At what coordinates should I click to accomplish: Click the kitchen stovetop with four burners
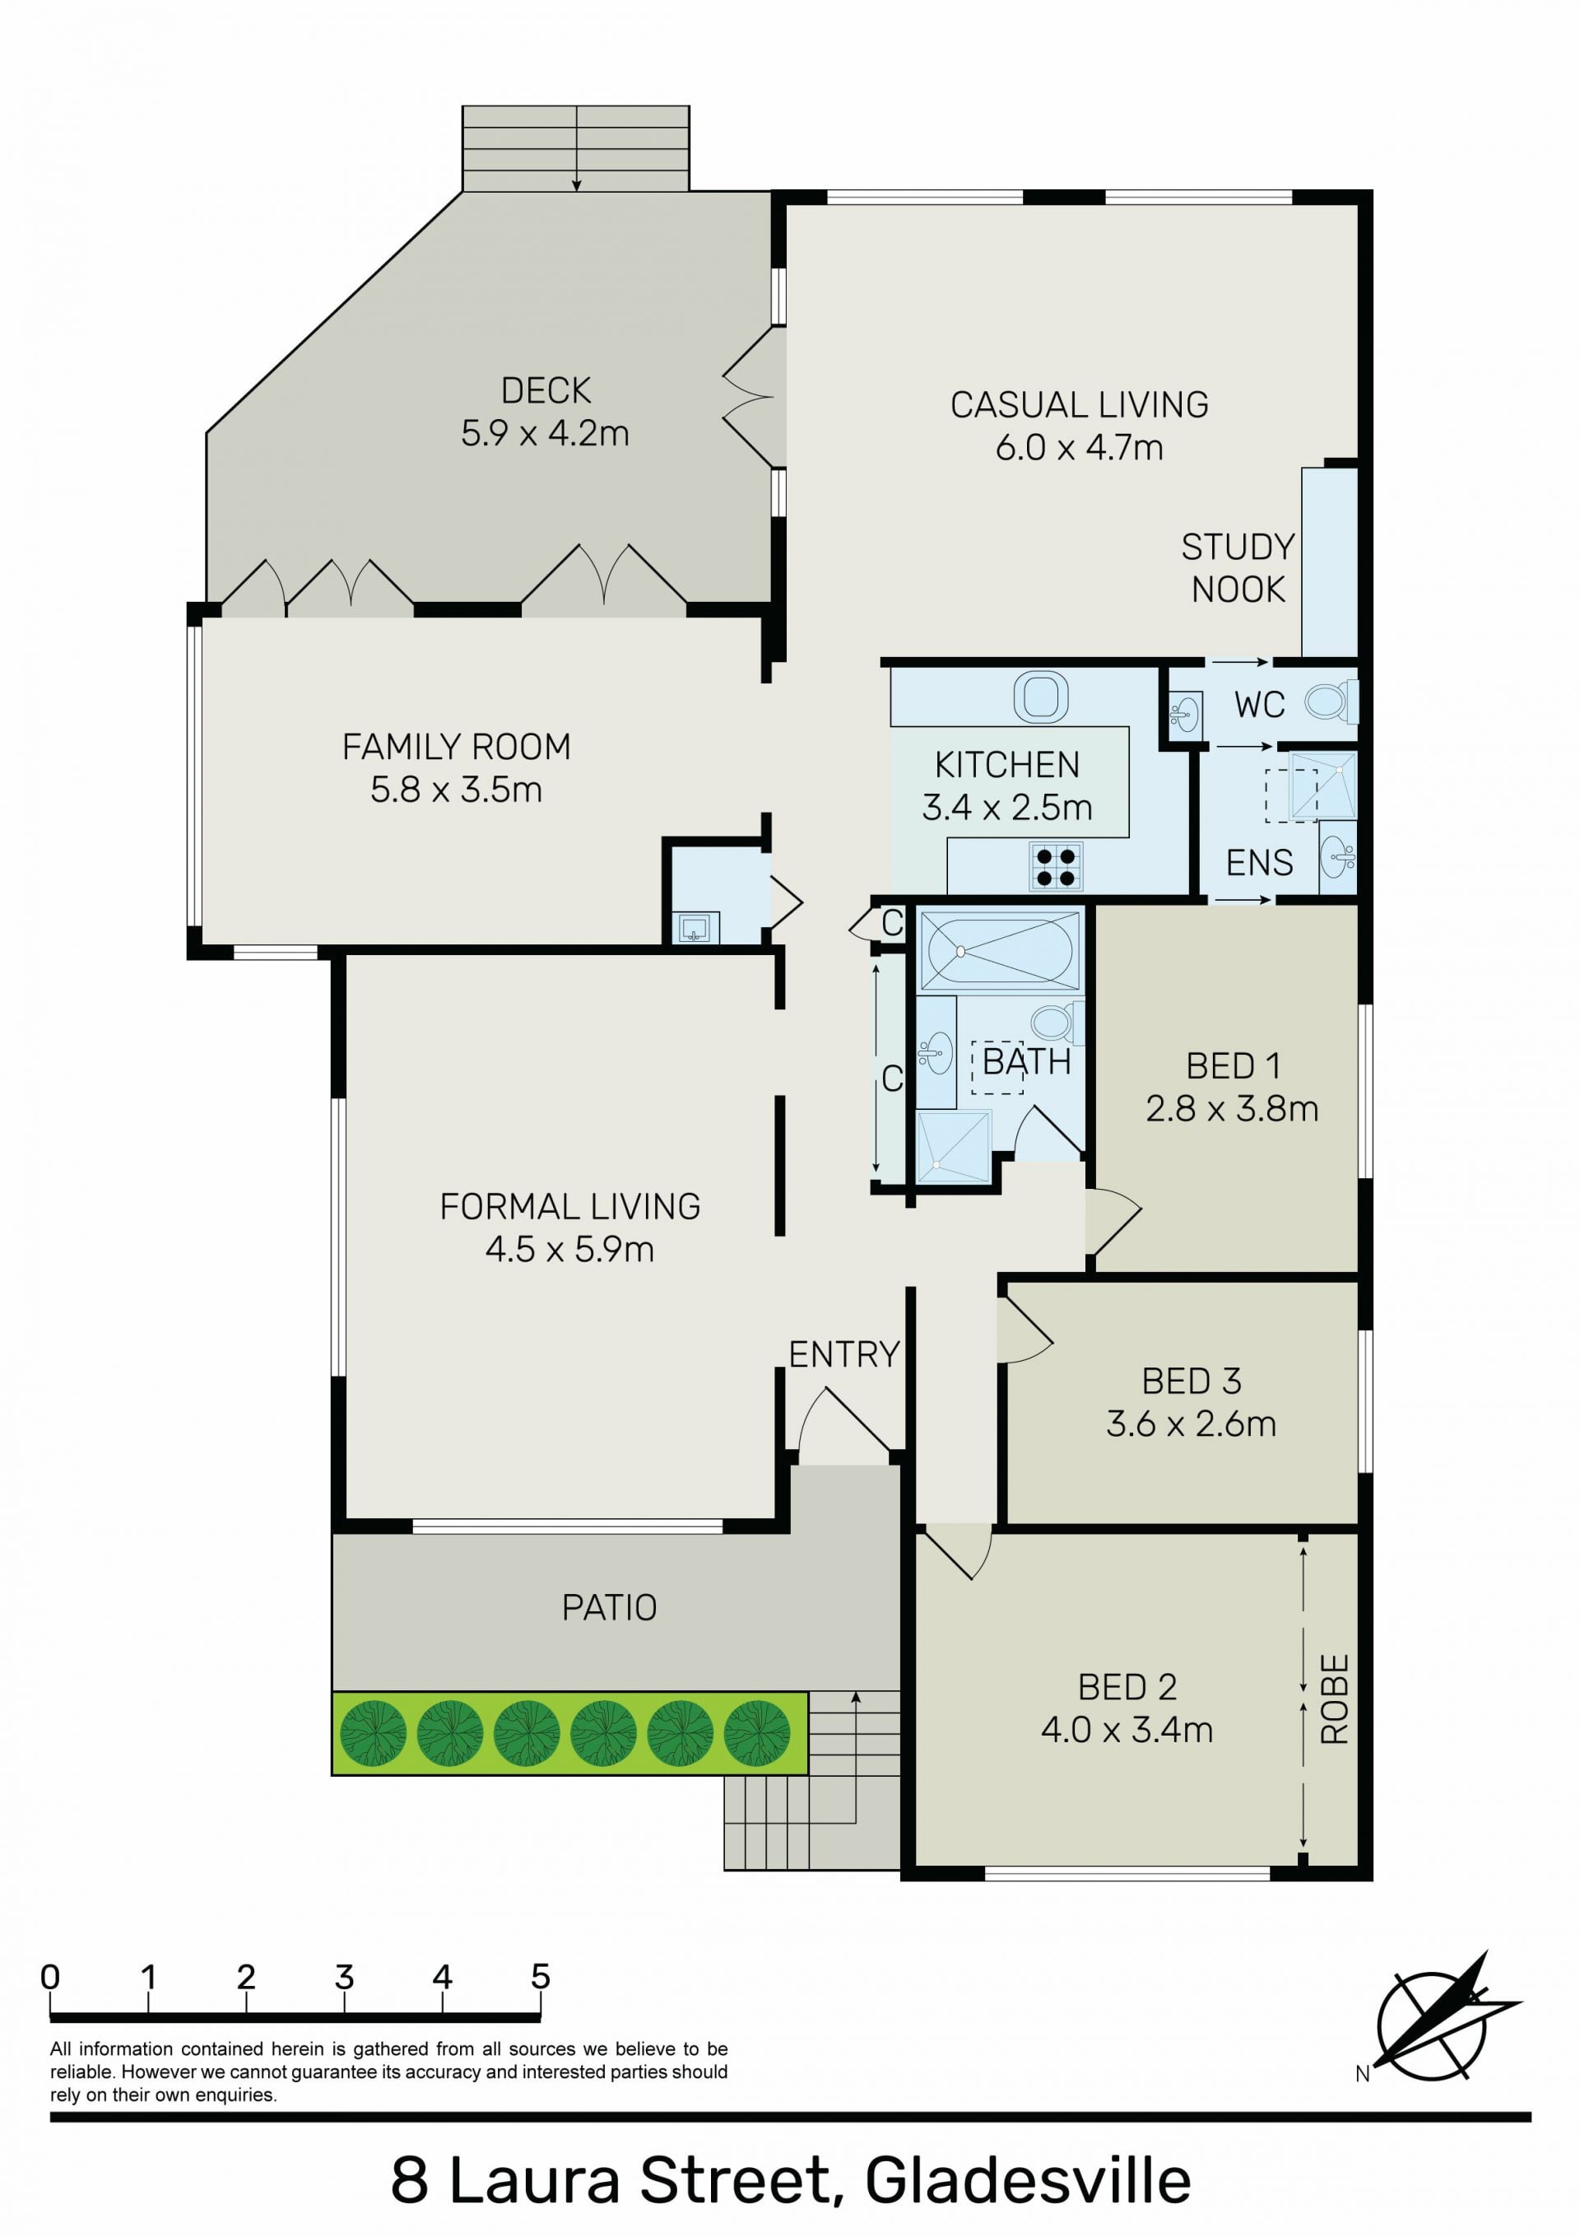point(1056,867)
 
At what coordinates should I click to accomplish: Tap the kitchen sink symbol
point(1040,697)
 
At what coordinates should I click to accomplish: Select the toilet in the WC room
point(1330,701)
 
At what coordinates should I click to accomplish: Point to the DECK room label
point(546,391)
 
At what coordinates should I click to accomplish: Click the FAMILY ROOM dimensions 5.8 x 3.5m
point(456,790)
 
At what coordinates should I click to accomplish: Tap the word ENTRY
point(843,1354)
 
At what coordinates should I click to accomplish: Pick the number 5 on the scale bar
point(541,1977)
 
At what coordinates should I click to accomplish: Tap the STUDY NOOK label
point(1238,568)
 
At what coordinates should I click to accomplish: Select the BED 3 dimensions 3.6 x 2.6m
point(1191,1424)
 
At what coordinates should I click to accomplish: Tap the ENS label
point(1260,862)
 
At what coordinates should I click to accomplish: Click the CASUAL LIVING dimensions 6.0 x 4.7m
point(1080,447)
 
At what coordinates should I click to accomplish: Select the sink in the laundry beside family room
point(695,928)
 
